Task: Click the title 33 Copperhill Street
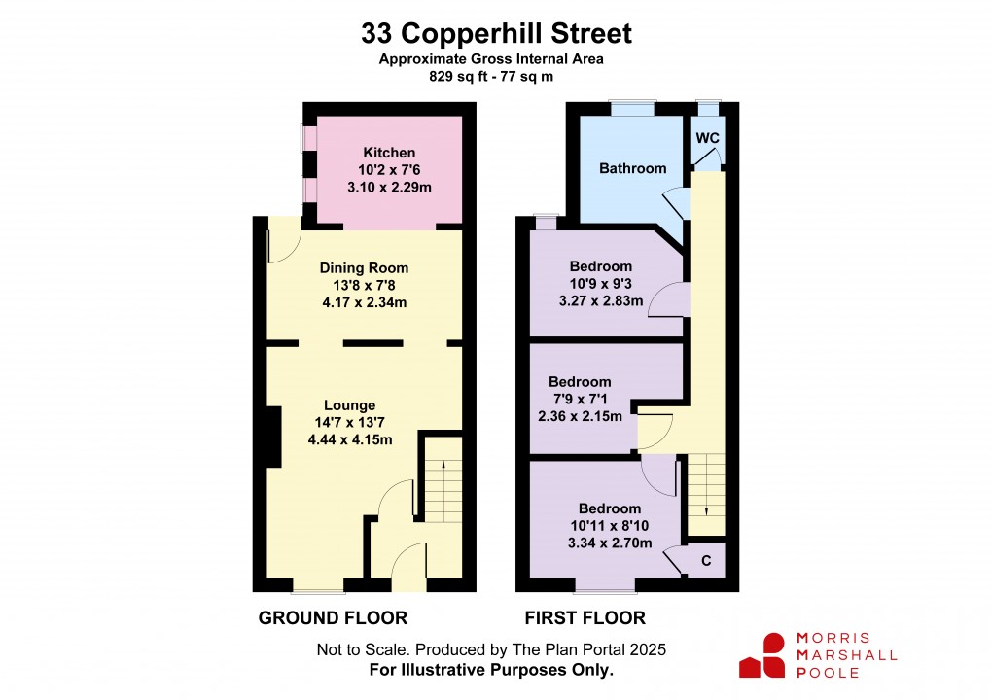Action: click(496, 34)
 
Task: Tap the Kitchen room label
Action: click(389, 153)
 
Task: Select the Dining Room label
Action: click(364, 268)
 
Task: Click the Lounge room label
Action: click(349, 405)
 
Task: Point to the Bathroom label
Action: click(632, 168)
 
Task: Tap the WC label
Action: click(707, 138)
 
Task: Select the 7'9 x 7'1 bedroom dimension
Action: click(580, 399)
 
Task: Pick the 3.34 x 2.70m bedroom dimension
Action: click(609, 542)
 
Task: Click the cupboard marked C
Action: click(706, 561)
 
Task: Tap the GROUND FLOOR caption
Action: click(332, 618)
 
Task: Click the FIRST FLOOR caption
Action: click(585, 618)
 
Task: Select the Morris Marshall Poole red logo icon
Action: click(762, 655)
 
